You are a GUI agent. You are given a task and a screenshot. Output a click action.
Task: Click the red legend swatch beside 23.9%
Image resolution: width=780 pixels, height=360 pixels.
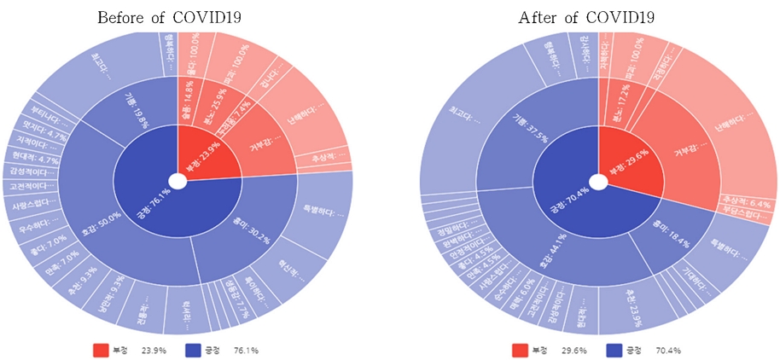pos(101,350)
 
